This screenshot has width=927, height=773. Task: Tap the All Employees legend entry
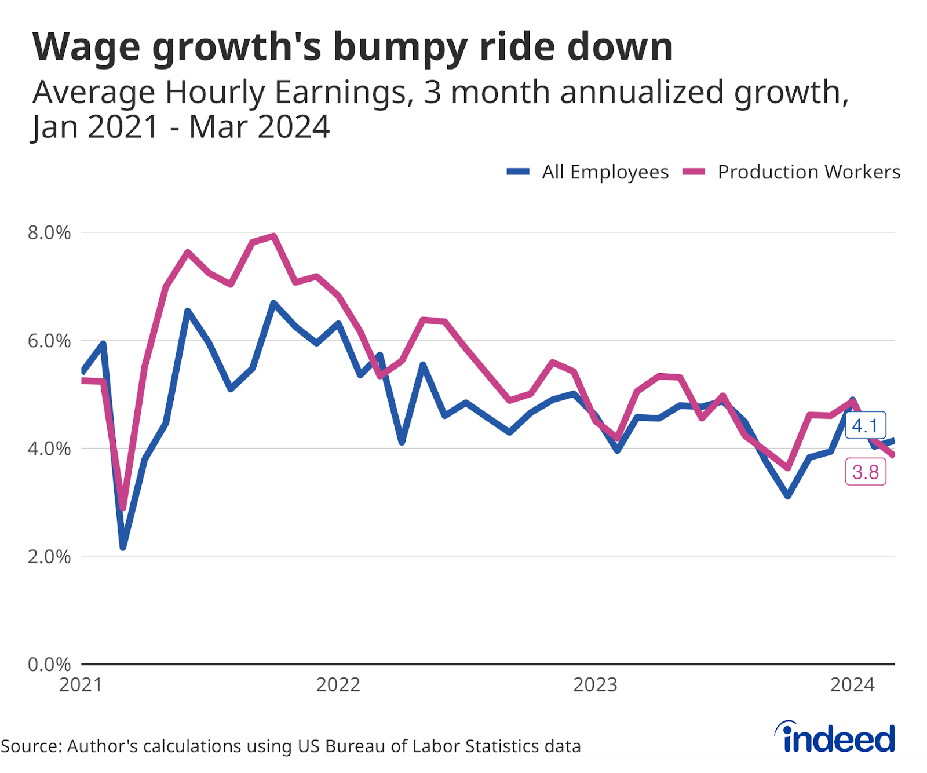click(588, 172)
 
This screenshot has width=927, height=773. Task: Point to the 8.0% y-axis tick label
click(49, 233)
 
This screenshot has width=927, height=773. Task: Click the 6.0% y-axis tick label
click(49, 341)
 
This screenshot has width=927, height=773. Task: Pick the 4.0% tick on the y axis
click(49, 449)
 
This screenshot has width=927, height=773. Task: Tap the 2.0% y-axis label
click(49, 556)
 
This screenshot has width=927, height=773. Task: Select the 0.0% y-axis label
click(49, 664)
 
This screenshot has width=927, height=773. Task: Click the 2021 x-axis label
click(81, 685)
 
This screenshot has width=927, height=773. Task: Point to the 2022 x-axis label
click(338, 685)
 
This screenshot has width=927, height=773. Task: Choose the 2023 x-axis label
click(595, 685)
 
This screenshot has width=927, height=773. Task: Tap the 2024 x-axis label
click(852, 685)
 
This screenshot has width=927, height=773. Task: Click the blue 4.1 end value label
click(865, 426)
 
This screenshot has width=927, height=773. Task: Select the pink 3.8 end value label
click(866, 472)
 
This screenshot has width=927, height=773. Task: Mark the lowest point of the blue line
click(123, 547)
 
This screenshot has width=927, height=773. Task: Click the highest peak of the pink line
click(273, 236)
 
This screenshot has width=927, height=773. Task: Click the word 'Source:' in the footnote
click(31, 746)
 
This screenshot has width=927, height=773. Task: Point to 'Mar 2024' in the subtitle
click(259, 127)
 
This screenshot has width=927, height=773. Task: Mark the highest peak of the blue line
click(273, 303)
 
